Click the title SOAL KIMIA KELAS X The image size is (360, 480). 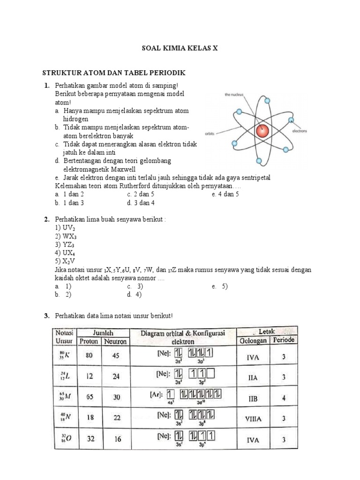(x=180, y=48)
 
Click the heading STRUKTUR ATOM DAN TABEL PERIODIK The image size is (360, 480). (x=114, y=73)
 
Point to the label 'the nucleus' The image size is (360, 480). (x=234, y=94)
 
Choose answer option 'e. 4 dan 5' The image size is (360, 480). (x=225, y=194)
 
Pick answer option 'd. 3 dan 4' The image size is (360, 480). (x=141, y=202)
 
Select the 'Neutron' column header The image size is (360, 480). (x=115, y=341)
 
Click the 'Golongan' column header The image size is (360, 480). (x=253, y=340)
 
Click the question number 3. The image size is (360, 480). (x=47, y=316)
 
